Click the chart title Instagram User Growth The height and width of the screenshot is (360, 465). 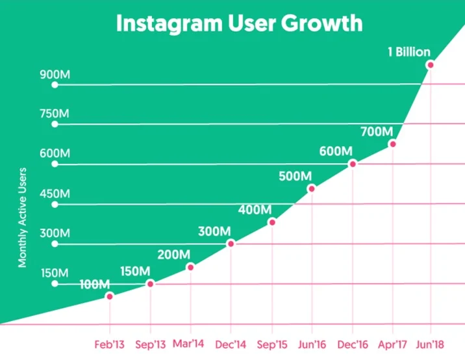coord(239,23)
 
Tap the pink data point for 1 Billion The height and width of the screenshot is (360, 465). coord(429,65)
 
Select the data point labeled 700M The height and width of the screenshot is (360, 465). coord(392,144)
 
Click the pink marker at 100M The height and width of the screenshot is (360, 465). coord(109,296)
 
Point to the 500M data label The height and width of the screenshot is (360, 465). coord(295,175)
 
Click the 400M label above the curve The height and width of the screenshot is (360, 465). coord(255,209)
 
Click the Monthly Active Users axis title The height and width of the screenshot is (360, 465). coord(23,217)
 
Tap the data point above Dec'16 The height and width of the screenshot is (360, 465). coord(353,163)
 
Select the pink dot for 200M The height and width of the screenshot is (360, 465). coord(190,267)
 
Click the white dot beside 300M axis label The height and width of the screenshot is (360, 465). coord(55,244)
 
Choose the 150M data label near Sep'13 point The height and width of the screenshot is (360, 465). coord(135,271)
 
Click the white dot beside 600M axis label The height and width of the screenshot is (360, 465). coord(55,164)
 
